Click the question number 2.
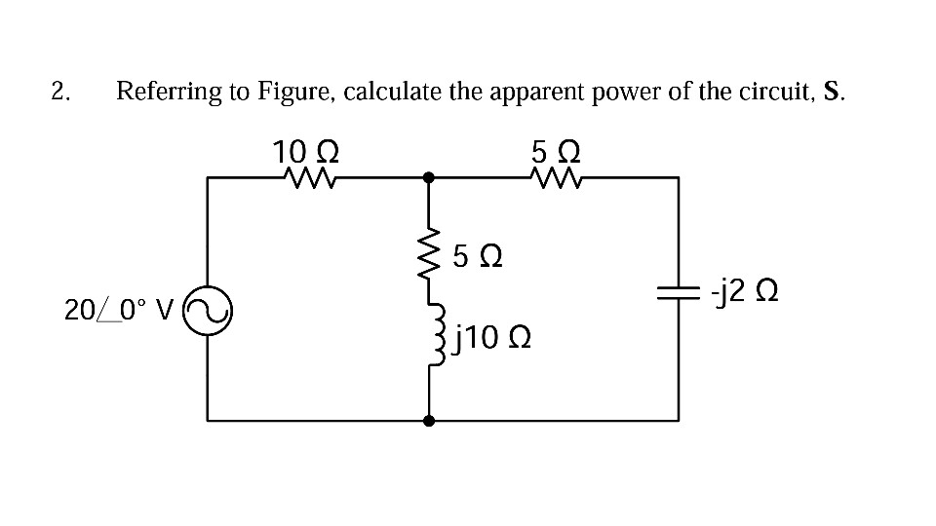click(x=61, y=93)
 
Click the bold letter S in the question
click(x=832, y=93)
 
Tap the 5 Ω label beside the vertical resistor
click(x=479, y=258)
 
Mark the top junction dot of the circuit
click(x=428, y=178)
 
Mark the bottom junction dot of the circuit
click(x=428, y=421)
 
